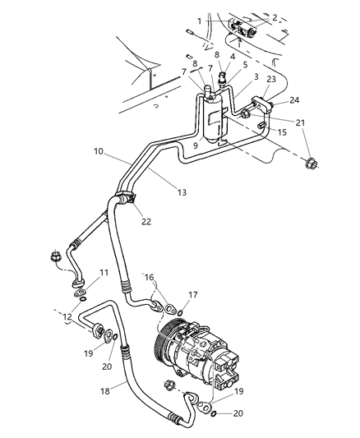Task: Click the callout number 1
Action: pos(198,19)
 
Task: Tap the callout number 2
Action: pos(274,16)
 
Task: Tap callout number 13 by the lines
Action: pos(181,191)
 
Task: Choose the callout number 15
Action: pos(282,131)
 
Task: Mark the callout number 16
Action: pos(149,279)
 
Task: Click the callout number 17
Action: pos(194,293)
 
